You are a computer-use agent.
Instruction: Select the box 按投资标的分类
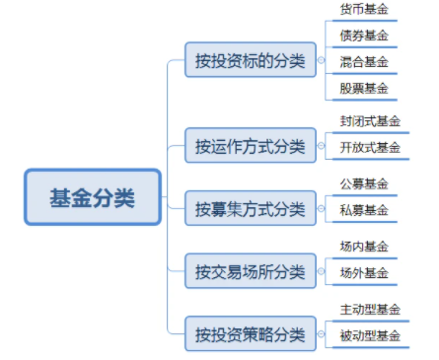pyautogui.click(x=249, y=61)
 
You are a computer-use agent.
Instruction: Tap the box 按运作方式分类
pyautogui.click(x=249, y=148)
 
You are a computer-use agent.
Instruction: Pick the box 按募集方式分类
pyautogui.click(x=249, y=209)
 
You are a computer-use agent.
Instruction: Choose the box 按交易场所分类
pyautogui.click(x=249, y=270)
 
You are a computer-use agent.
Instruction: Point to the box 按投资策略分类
pyautogui.click(x=249, y=331)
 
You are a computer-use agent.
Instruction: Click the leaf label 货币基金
pyautogui.click(x=364, y=10)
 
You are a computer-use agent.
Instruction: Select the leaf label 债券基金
pyautogui.click(x=364, y=36)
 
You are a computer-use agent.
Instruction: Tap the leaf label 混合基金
pyautogui.click(x=364, y=62)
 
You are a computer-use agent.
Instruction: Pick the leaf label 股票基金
pyautogui.click(x=364, y=88)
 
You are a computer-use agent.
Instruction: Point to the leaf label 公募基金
pyautogui.click(x=364, y=183)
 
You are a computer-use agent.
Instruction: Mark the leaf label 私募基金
pyautogui.click(x=364, y=209)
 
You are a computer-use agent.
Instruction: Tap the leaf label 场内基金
pyautogui.click(x=364, y=246)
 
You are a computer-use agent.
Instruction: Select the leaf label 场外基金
pyautogui.click(x=364, y=271)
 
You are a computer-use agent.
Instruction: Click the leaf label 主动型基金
pyautogui.click(x=370, y=307)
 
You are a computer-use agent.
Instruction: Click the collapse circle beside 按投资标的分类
pyautogui.click(x=320, y=61)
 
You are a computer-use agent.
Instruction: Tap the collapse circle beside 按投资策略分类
pyautogui.click(x=320, y=332)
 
